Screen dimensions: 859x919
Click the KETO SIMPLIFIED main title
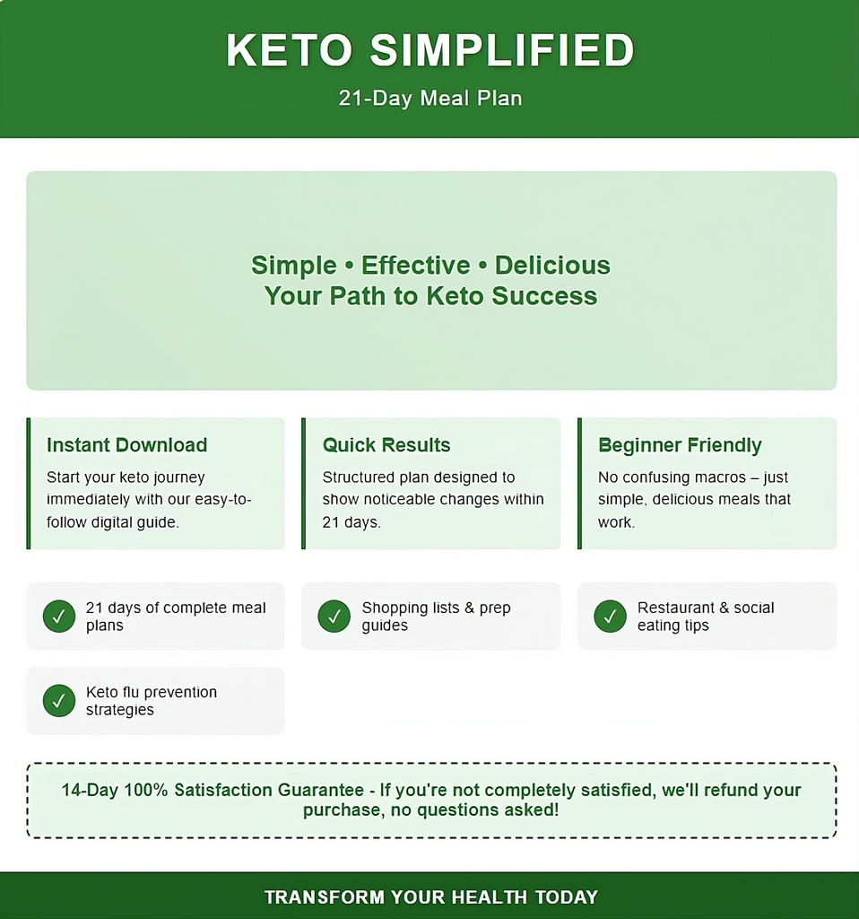pyautogui.click(x=429, y=50)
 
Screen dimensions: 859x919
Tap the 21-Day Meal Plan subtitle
pyautogui.click(x=430, y=98)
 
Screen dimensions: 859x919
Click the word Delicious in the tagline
pyautogui.click(x=552, y=265)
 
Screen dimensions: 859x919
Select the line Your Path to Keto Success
pyautogui.click(x=430, y=295)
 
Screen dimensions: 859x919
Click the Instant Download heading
pyautogui.click(x=127, y=445)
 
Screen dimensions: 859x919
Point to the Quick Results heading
pyautogui.click(x=386, y=445)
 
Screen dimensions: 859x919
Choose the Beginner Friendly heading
pyautogui.click(x=680, y=445)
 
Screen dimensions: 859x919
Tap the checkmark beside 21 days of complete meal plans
pyautogui.click(x=59, y=616)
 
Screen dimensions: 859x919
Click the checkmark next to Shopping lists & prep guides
pyautogui.click(x=334, y=616)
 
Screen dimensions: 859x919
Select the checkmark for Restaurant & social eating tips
pyautogui.click(x=610, y=616)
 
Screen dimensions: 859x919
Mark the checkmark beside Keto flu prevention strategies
pyautogui.click(x=59, y=700)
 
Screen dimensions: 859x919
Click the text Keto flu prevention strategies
pyautogui.click(x=151, y=700)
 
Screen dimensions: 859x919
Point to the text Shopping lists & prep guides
pyautogui.click(x=437, y=616)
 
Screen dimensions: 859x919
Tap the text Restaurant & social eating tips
pyautogui.click(x=706, y=616)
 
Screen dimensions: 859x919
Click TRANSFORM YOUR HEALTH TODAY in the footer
pyautogui.click(x=431, y=897)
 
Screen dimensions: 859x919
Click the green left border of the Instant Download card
pyautogui.click(x=28, y=484)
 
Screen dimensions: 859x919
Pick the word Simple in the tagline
pyautogui.click(x=294, y=266)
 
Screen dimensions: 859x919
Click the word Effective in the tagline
pyautogui.click(x=415, y=265)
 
